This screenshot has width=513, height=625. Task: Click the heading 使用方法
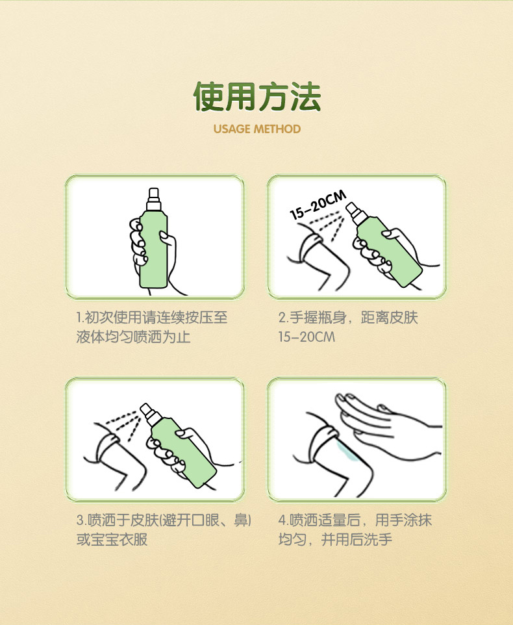(x=257, y=96)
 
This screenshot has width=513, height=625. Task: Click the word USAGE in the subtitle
(x=232, y=129)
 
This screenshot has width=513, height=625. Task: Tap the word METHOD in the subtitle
(x=277, y=129)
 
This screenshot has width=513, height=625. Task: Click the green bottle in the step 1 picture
(x=153, y=251)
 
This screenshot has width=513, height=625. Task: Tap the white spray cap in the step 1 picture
(x=154, y=199)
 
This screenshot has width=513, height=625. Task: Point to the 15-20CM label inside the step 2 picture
(x=318, y=205)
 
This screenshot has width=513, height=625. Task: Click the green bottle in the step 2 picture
(x=389, y=251)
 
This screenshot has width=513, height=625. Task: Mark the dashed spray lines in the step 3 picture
(x=124, y=424)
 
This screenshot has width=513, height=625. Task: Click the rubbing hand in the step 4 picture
(x=386, y=426)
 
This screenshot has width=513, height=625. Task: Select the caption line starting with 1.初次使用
(x=152, y=318)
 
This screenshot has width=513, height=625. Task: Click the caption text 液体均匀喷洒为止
(x=133, y=337)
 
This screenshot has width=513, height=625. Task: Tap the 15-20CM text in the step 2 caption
(x=307, y=337)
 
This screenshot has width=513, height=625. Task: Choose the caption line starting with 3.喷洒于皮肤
(x=164, y=520)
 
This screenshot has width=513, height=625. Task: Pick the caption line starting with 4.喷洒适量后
(x=355, y=520)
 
